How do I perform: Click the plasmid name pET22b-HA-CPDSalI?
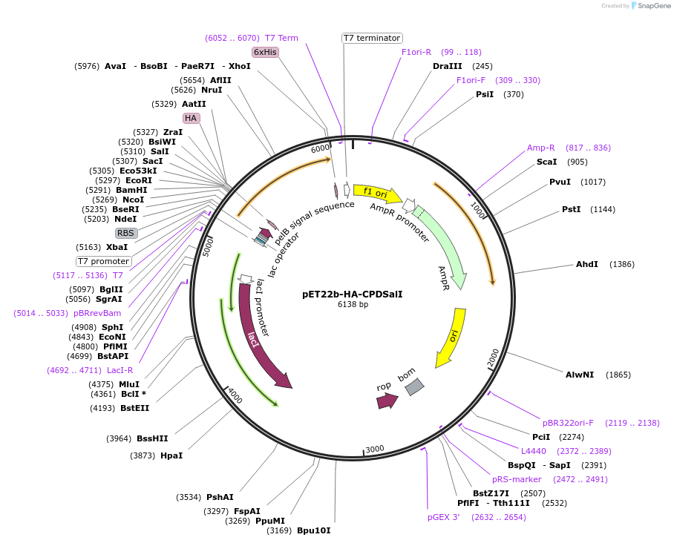click(353, 294)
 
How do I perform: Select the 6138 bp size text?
click(353, 304)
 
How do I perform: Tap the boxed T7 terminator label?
click(372, 38)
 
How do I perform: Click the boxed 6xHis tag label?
click(265, 52)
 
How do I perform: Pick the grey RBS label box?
click(126, 233)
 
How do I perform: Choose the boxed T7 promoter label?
click(104, 261)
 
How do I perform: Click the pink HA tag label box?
click(191, 118)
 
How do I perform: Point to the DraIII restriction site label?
click(447, 66)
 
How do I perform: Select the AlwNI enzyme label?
click(580, 375)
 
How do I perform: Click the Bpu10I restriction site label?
click(313, 530)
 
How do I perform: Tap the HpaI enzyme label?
click(171, 455)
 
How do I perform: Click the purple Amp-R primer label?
click(541, 148)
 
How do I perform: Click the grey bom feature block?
click(414, 386)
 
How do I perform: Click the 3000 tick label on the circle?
click(375, 449)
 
